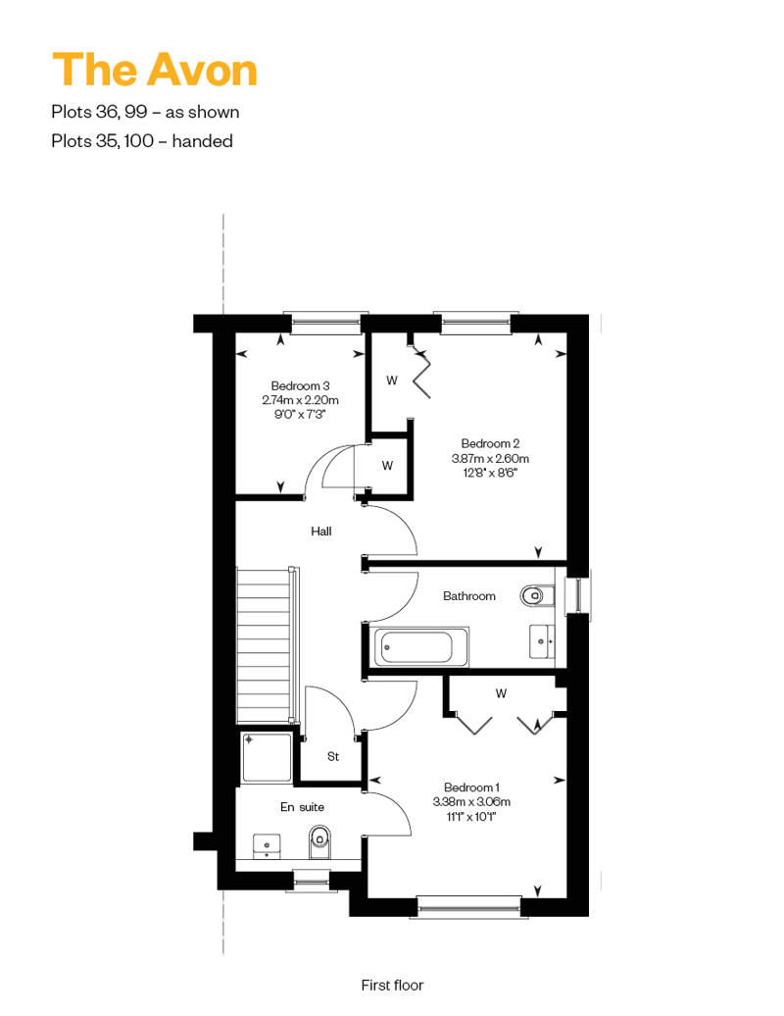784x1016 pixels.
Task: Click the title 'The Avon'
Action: click(x=155, y=70)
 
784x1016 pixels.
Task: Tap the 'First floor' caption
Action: click(x=392, y=985)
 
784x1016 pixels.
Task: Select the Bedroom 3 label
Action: click(x=301, y=385)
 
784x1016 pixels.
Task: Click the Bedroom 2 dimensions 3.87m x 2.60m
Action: click(x=490, y=459)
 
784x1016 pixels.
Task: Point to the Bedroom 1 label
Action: click(x=471, y=787)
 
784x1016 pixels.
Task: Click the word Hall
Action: click(x=321, y=532)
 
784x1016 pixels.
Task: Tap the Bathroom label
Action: click(x=469, y=596)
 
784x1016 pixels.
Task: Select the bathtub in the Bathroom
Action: click(x=421, y=646)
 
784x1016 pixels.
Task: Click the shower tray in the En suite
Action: click(x=267, y=757)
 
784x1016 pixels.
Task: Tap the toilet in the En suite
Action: click(x=319, y=841)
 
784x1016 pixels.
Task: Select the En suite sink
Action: click(x=267, y=845)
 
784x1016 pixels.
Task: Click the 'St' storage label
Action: click(x=333, y=756)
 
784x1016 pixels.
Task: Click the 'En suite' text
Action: click(x=303, y=807)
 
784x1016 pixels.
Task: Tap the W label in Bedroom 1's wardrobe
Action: click(x=501, y=693)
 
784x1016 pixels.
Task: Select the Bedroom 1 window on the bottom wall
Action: click(x=468, y=907)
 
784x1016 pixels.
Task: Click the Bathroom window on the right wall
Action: click(x=577, y=595)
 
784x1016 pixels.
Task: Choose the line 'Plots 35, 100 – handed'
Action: click(x=142, y=140)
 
